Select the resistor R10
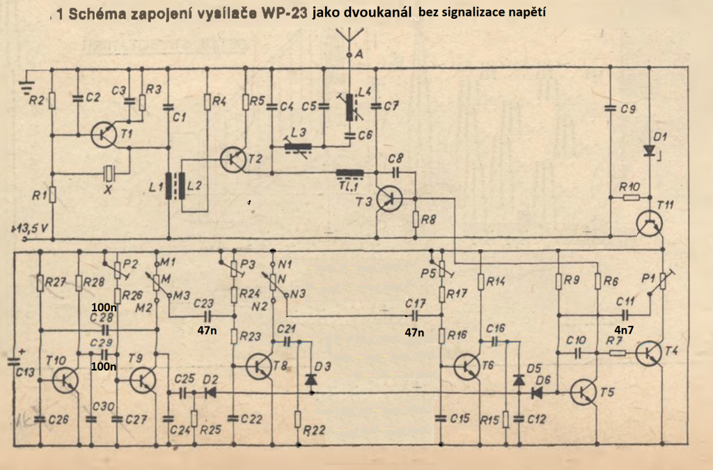point(631,198)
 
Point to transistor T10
point(65,379)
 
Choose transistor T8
point(260,366)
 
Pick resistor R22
point(297,420)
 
